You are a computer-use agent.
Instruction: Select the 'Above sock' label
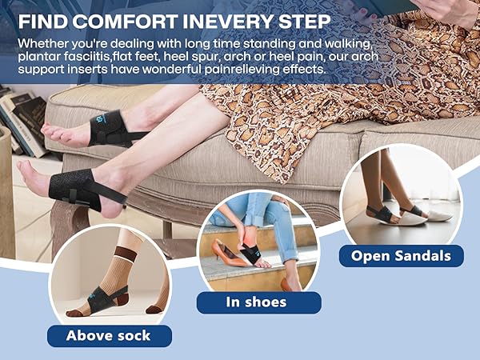click(x=108, y=335)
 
